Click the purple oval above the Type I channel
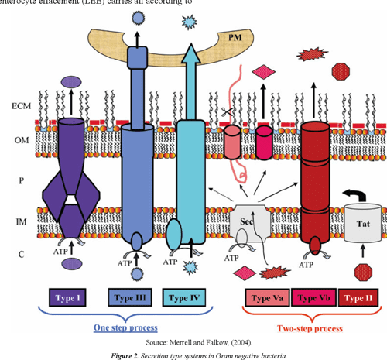coord(71,81)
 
